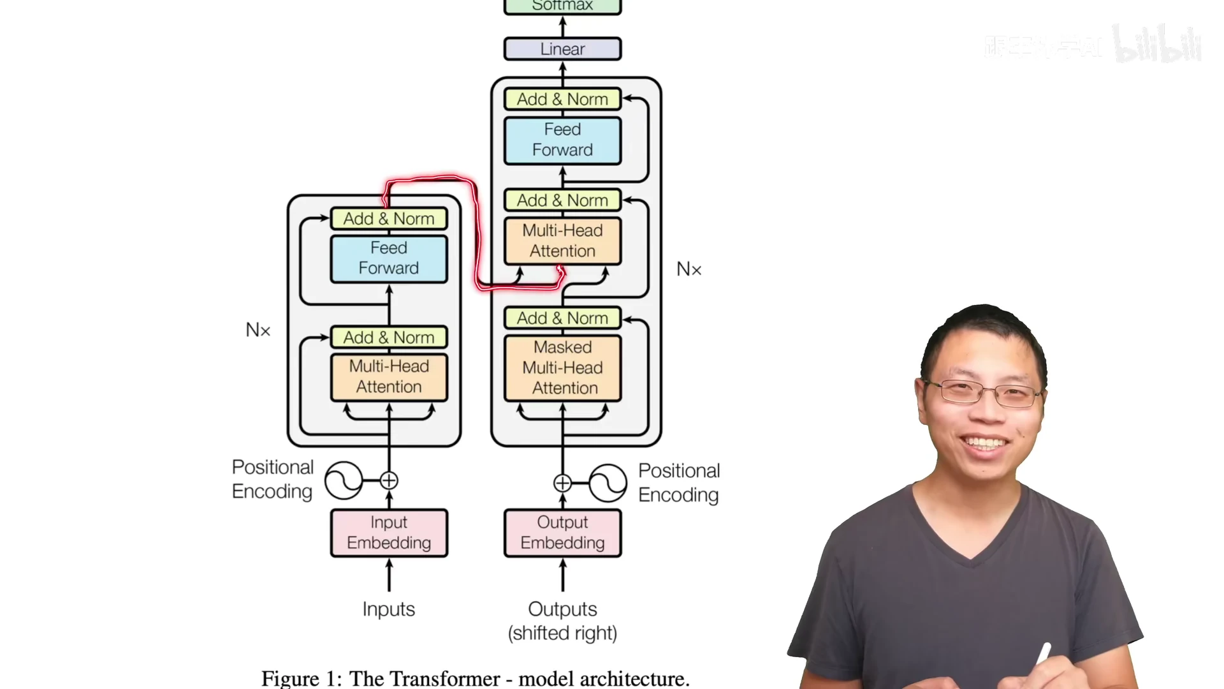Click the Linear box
[x=562, y=49]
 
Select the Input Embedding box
[x=389, y=533]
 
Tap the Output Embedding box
[x=562, y=533]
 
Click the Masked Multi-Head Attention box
[x=562, y=368]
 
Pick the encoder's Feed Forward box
[x=389, y=258]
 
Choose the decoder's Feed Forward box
[x=562, y=140]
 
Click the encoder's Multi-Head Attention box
[x=389, y=377]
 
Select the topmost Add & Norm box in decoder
[x=562, y=100]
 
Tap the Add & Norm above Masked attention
[x=562, y=318]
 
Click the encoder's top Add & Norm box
[x=389, y=219]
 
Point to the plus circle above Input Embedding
[x=389, y=480]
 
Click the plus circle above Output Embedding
[x=562, y=483]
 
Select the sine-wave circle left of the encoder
[x=344, y=480]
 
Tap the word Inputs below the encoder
[x=388, y=609]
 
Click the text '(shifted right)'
[x=562, y=633]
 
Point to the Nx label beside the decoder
[x=688, y=269]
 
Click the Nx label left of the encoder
[x=258, y=330]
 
